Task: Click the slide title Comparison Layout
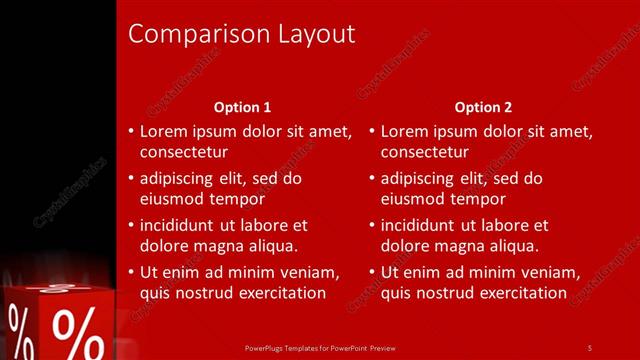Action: [x=242, y=34]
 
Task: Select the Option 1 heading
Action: [x=242, y=107]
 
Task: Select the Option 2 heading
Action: [x=483, y=107]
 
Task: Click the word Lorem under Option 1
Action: [x=163, y=131]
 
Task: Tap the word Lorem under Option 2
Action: [x=404, y=131]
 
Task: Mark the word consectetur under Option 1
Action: [x=184, y=152]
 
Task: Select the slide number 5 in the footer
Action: [x=589, y=347]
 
